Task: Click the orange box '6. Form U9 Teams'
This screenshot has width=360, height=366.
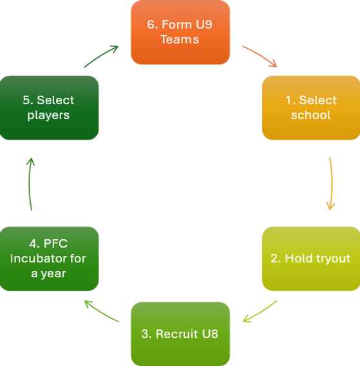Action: point(180,32)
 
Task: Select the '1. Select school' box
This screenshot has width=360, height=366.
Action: point(310,107)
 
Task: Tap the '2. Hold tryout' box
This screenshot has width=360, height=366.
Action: point(310,259)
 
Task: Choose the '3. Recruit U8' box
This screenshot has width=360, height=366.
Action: point(180,333)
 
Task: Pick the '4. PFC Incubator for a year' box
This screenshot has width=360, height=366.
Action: point(50,259)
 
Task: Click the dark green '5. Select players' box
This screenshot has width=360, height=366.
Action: point(50,107)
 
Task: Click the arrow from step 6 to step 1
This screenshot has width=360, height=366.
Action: point(260,55)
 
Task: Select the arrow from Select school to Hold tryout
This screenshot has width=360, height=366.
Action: point(330,184)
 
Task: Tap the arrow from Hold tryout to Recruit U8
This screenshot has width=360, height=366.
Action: point(260,311)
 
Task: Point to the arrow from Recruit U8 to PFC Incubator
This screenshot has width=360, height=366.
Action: point(101,311)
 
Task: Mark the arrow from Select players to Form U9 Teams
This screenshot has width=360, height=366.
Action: point(101,55)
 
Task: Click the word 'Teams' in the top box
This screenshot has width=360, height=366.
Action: point(180,39)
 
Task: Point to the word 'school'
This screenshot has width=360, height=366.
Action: point(310,115)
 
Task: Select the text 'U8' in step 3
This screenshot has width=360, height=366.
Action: point(209,334)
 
